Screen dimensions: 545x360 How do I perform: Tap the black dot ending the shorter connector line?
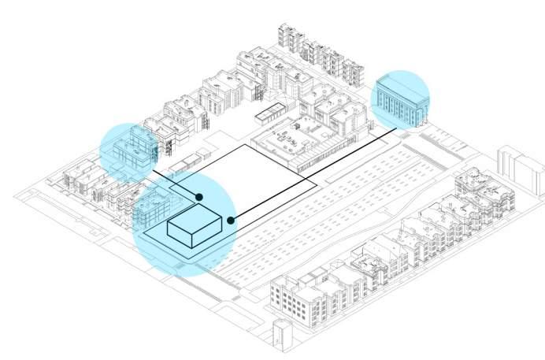[199, 197]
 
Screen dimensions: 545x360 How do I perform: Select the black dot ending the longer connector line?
[231, 220]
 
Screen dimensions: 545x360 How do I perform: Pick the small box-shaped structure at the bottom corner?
[280, 335]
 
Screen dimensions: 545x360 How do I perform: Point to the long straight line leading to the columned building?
[315, 174]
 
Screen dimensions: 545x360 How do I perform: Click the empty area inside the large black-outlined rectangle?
[252, 177]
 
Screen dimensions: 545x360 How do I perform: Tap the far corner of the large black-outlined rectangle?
[245, 144]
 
